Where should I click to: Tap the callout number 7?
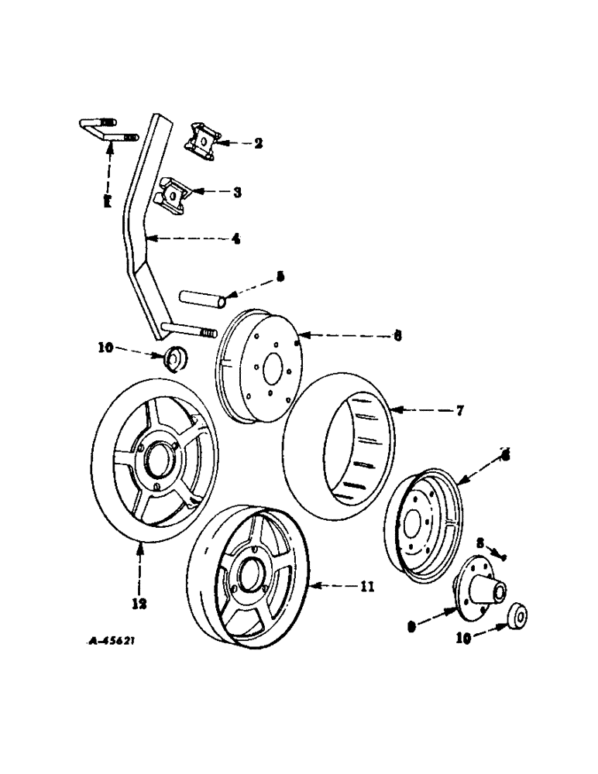(459, 411)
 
